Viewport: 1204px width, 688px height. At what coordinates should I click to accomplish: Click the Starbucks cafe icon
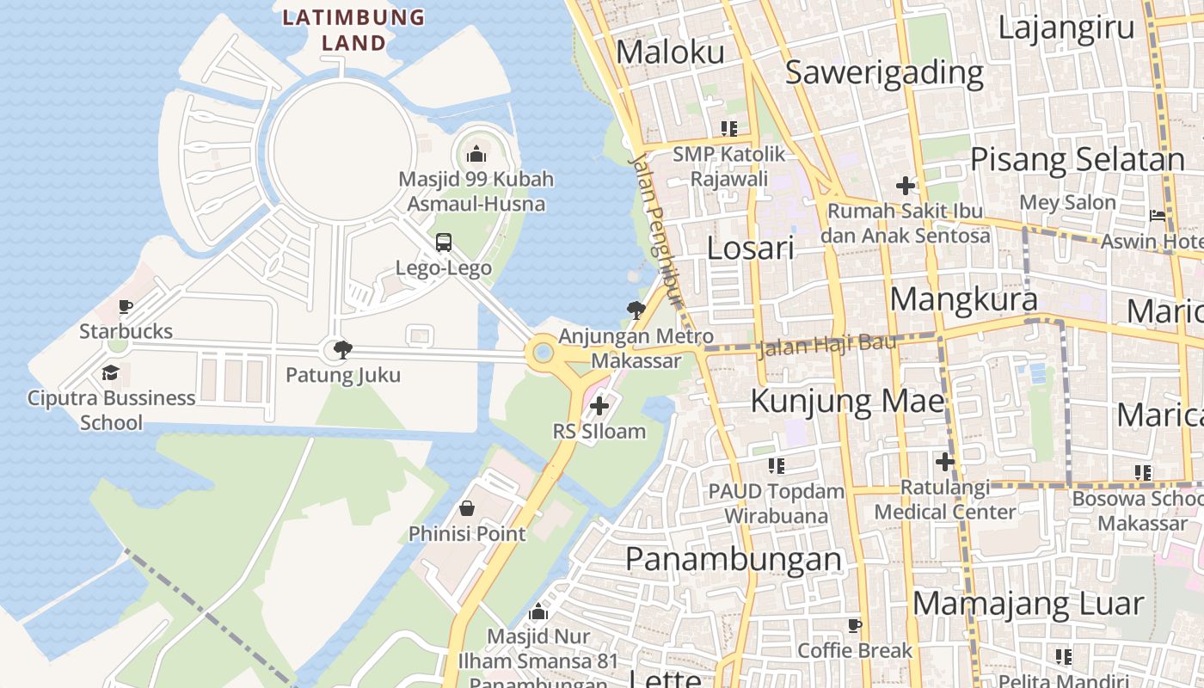tap(126, 307)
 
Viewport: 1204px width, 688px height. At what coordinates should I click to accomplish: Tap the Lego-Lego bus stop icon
tap(444, 243)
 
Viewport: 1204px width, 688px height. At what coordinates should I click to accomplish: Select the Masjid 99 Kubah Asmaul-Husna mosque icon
tap(476, 155)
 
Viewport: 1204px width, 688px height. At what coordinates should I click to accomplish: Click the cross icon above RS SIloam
tap(599, 406)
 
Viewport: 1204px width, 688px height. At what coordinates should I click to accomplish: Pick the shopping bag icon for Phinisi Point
tap(467, 508)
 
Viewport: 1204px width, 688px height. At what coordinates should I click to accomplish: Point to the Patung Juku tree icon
tap(342, 349)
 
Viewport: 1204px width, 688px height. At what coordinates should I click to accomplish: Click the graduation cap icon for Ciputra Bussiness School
tap(110, 372)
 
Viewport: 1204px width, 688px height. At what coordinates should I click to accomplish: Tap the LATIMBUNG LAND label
tap(353, 29)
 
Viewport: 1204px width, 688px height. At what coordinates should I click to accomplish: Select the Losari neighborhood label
tap(750, 249)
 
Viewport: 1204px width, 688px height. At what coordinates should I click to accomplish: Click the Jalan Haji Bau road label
tap(826, 345)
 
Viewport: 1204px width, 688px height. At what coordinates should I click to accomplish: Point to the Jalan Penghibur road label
tap(656, 230)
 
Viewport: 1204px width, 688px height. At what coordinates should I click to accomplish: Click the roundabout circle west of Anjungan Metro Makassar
tap(543, 353)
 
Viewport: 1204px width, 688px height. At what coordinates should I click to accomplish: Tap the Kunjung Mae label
tap(848, 401)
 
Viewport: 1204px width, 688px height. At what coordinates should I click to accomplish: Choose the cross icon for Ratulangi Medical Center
tap(945, 463)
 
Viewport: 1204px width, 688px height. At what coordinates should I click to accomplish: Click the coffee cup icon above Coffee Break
tap(854, 625)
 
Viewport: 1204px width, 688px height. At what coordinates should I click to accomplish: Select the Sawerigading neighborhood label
tap(884, 73)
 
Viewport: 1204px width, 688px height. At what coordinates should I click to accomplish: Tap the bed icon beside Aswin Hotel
tap(1158, 215)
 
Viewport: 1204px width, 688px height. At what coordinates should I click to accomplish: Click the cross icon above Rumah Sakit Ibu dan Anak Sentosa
tap(905, 185)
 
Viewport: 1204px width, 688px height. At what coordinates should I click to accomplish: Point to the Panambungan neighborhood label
tap(734, 559)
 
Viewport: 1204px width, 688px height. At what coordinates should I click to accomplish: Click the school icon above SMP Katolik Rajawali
tap(729, 129)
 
